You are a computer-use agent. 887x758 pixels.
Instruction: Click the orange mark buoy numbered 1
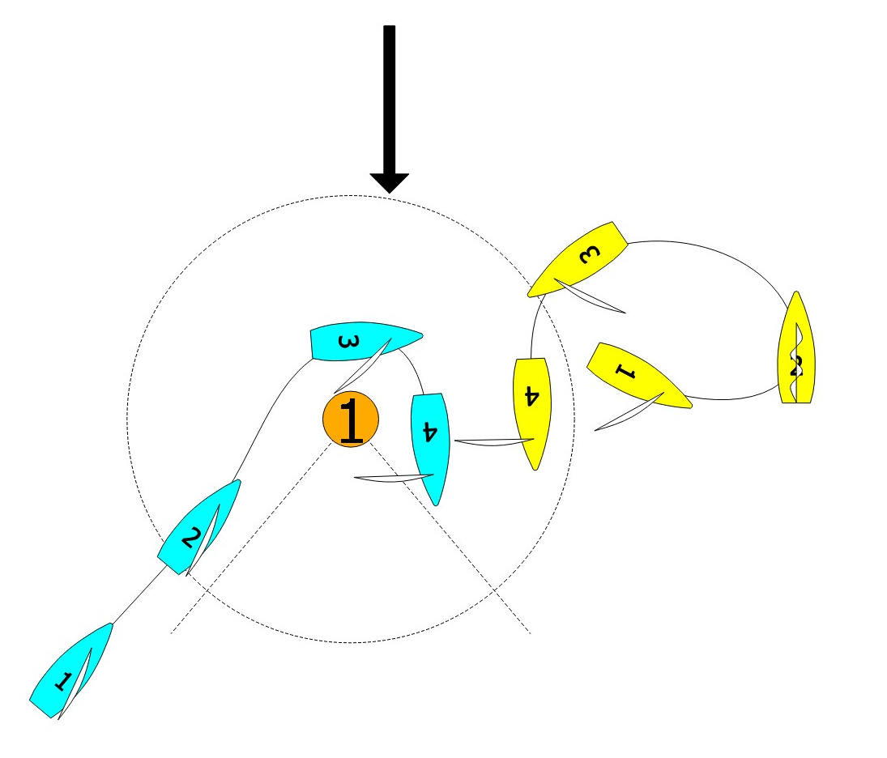351,419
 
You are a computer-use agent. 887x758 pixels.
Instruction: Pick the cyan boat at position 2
199,527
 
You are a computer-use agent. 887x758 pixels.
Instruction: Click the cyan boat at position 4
429,445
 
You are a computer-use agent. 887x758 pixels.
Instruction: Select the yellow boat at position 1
636,374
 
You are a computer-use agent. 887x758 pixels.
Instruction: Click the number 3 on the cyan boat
346,343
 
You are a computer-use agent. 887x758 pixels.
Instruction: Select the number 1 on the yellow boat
625,371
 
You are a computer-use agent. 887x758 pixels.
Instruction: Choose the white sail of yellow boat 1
628,415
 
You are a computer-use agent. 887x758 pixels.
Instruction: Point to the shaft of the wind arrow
389,97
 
